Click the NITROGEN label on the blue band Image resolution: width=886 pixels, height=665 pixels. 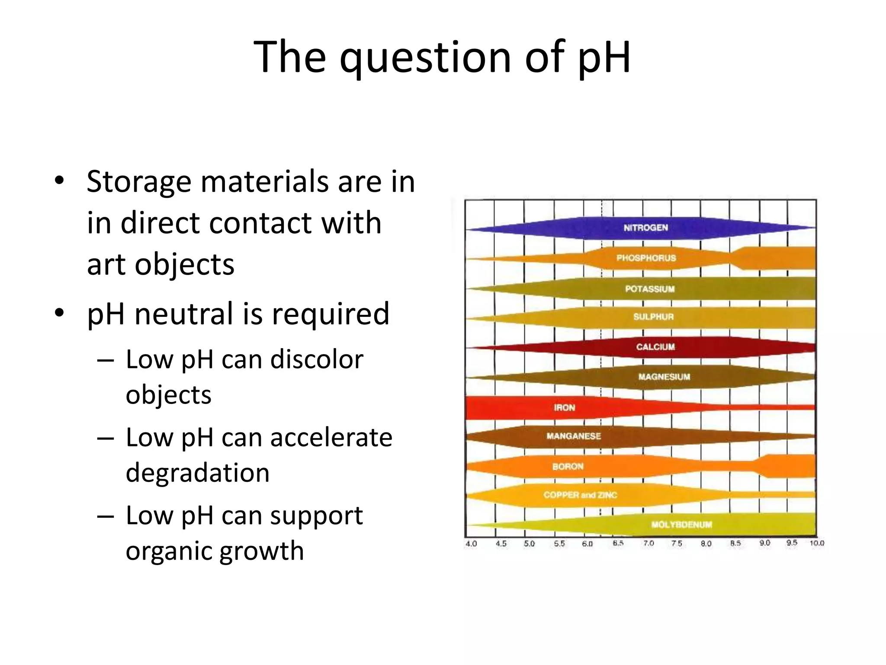645,228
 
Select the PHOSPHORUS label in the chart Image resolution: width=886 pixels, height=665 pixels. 646,258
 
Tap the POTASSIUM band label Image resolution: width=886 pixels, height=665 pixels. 650,289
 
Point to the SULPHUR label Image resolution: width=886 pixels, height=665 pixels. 653,317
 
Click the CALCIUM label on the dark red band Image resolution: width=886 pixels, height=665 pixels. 655,347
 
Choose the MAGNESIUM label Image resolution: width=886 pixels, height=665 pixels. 664,377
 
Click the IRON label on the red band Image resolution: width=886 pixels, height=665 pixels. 565,407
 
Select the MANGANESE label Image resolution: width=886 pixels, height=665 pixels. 574,436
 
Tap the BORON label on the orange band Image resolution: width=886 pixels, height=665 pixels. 568,466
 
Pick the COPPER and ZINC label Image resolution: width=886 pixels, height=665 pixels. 580,495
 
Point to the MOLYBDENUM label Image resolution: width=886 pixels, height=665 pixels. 681,525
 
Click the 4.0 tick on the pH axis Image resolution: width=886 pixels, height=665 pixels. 471,544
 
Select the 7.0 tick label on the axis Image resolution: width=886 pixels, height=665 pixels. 648,543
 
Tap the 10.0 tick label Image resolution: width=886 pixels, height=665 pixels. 817,543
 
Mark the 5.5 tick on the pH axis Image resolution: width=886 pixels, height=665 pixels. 559,544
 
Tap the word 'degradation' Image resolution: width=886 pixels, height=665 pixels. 197,472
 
